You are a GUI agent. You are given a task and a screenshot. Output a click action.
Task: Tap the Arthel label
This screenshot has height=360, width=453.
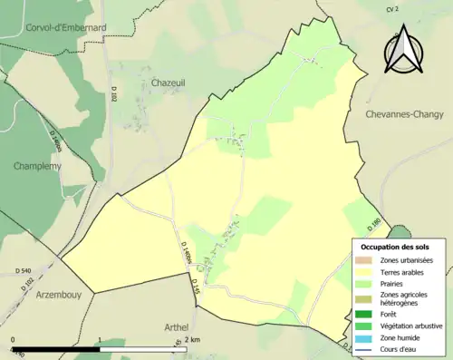click(170, 326)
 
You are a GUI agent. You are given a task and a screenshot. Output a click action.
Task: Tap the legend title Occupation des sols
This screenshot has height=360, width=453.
click(395, 247)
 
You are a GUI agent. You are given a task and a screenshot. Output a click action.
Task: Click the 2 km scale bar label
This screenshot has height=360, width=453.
click(190, 339)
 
